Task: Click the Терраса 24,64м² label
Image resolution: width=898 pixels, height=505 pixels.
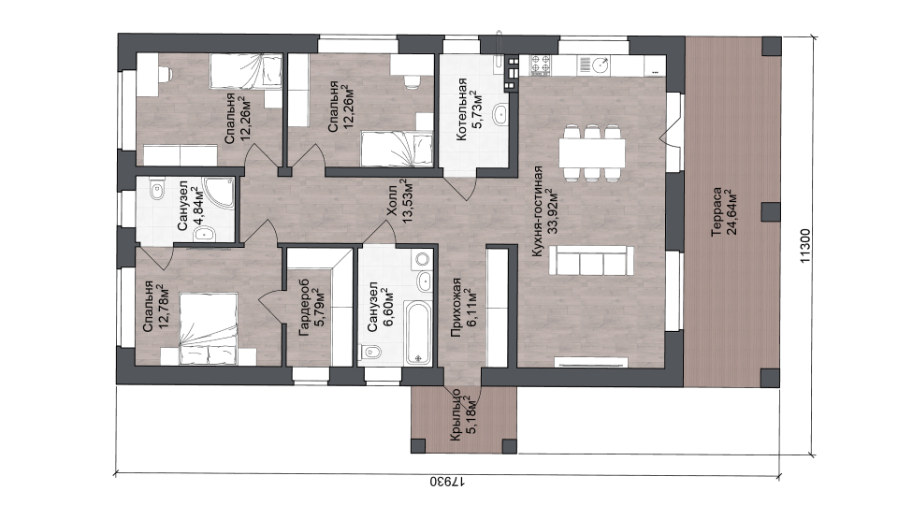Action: [x=724, y=212]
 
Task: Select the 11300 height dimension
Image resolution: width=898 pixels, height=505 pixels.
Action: [x=805, y=246]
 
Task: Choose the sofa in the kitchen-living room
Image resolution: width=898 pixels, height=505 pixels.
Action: [x=591, y=261]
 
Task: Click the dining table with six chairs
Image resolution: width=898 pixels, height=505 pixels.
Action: [x=592, y=152]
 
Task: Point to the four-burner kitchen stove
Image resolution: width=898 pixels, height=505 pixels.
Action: [x=540, y=65]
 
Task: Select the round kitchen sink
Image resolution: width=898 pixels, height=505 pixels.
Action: [x=601, y=65]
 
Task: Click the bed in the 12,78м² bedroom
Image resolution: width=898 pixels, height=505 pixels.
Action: [x=208, y=328]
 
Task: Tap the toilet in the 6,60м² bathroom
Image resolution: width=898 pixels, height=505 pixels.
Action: [x=371, y=353]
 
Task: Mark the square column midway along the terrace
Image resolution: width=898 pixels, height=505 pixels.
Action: [x=770, y=212]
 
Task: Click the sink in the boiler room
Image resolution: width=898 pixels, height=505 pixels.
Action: [x=500, y=114]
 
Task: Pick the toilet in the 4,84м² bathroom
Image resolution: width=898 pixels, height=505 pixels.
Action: [x=156, y=190]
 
